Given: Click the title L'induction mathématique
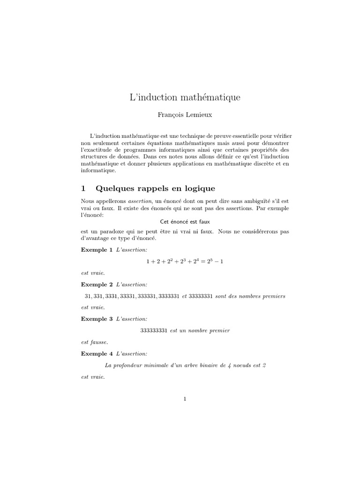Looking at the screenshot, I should point(185,97).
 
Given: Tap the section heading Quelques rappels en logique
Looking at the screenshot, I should point(155,188).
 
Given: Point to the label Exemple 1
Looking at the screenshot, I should point(97,250).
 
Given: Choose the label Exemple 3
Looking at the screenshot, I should point(97,319).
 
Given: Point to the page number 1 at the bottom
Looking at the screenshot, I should point(185,399).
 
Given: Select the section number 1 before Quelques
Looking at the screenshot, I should point(83,188).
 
